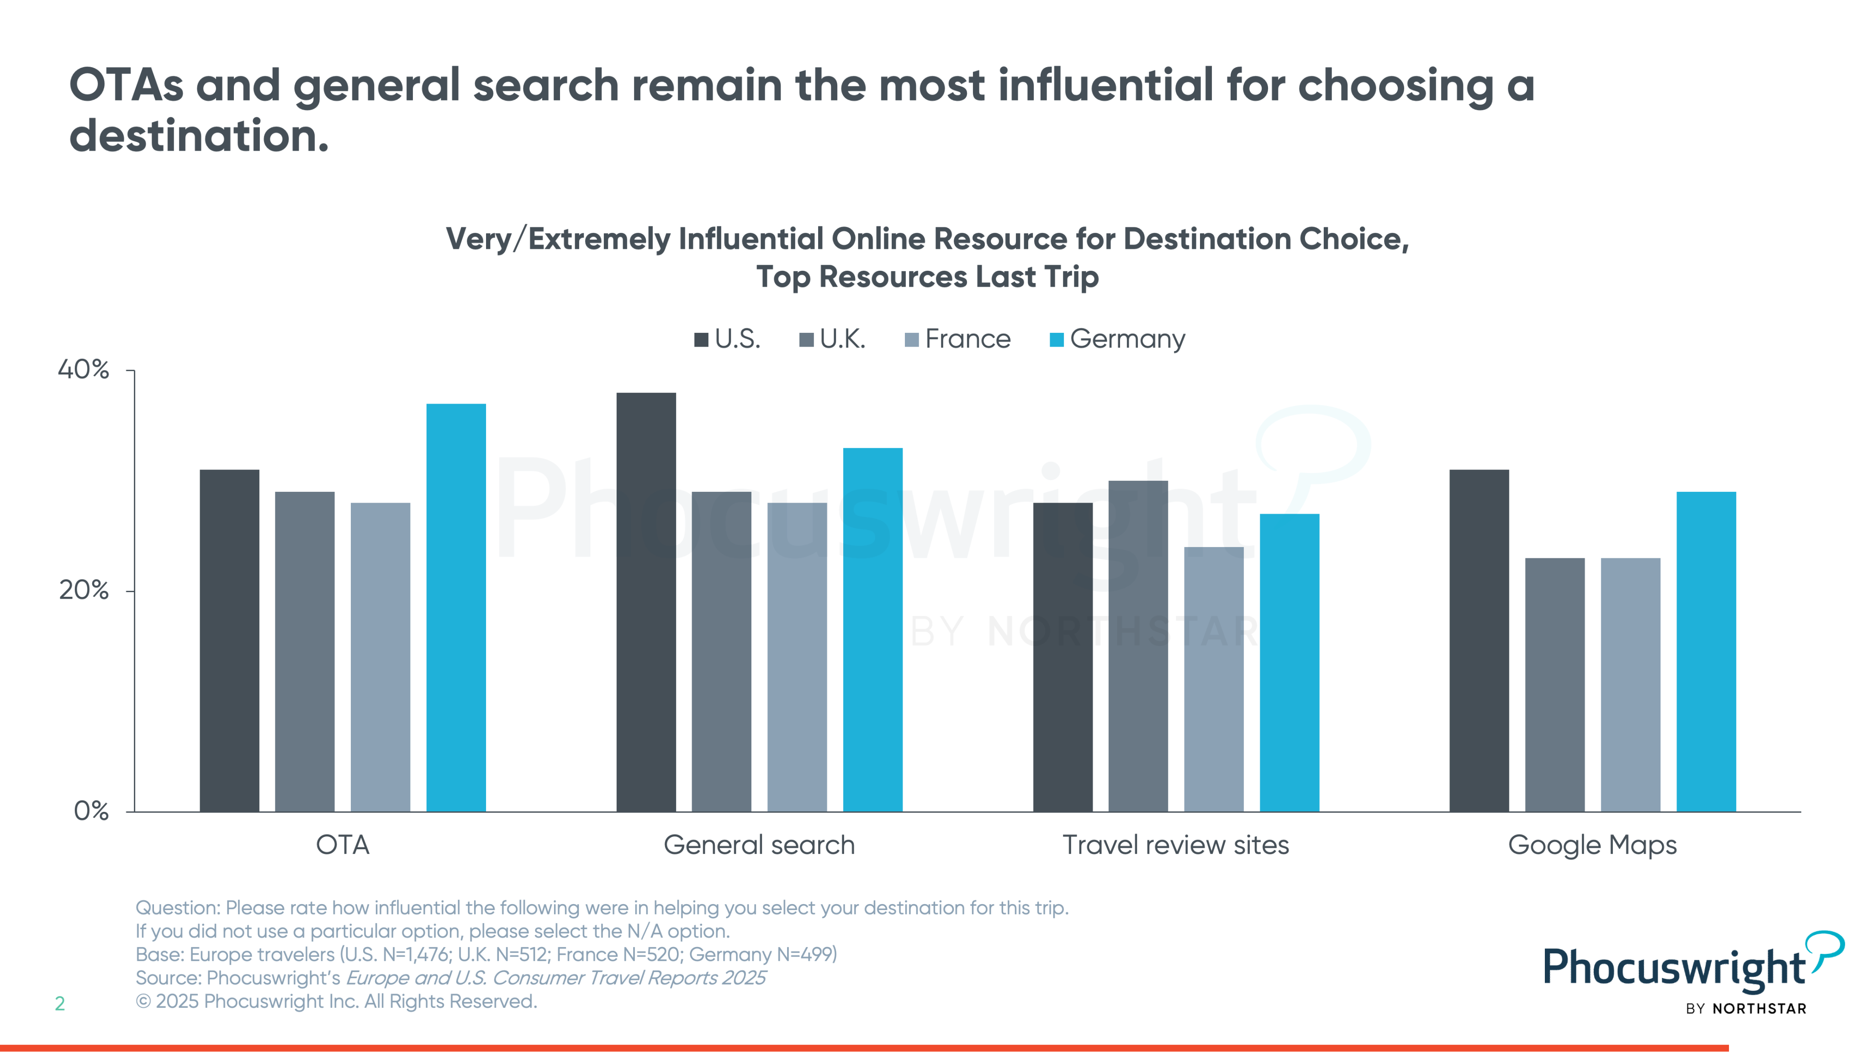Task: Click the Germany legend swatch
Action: [x=1057, y=340]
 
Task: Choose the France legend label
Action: [x=967, y=339]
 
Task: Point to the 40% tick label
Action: [x=84, y=369]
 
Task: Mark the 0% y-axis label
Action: [x=91, y=810]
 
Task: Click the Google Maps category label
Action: [x=1592, y=845]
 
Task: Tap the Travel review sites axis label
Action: [x=1175, y=845]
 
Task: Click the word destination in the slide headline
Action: [x=198, y=136]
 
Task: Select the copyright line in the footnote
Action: [x=336, y=1001]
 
